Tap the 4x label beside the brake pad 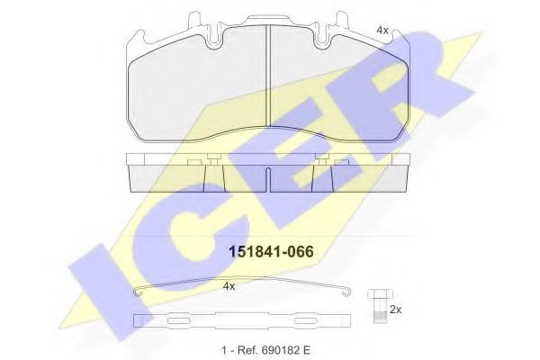(382, 31)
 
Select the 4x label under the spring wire (229, 285)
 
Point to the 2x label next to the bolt (394, 309)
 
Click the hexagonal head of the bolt (377, 294)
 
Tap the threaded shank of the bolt (377, 311)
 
